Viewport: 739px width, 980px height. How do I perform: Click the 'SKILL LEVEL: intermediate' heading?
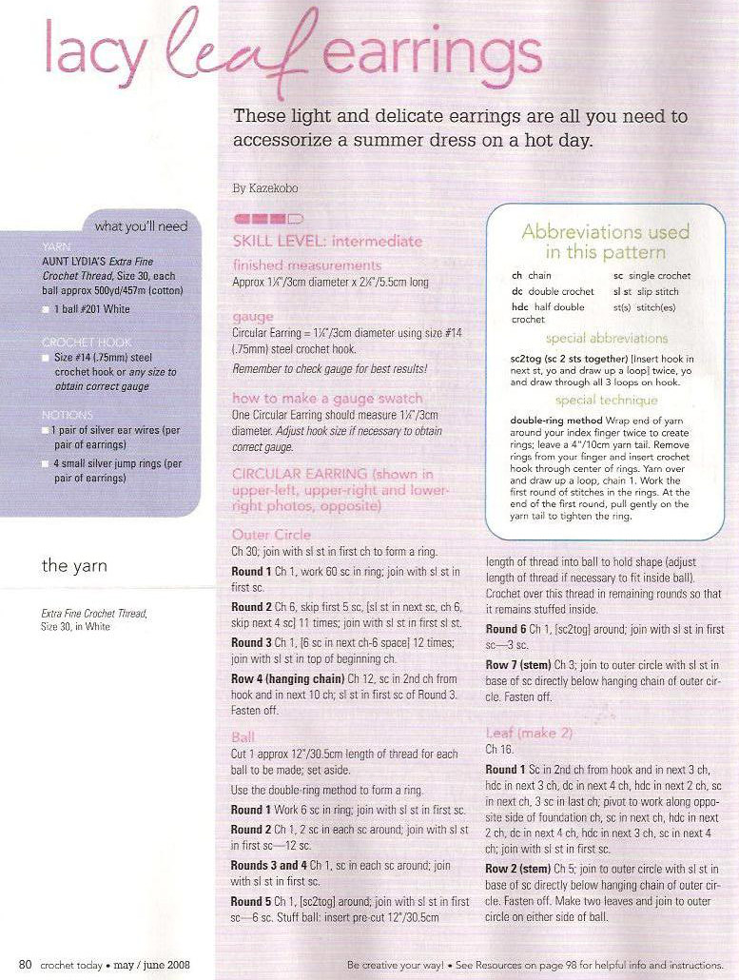click(x=326, y=241)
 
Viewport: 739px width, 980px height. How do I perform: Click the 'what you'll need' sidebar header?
click(x=142, y=225)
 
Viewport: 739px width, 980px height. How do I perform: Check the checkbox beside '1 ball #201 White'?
click(x=47, y=309)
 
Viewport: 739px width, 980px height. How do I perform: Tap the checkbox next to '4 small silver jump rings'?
click(x=47, y=463)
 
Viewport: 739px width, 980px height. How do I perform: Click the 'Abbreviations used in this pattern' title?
click(x=605, y=242)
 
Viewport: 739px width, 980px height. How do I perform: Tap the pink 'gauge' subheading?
click(x=252, y=315)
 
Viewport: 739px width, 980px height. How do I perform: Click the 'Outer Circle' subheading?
click(x=264, y=535)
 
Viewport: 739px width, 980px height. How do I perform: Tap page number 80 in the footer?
click(x=26, y=965)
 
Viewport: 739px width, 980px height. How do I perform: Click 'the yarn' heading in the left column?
click(x=74, y=565)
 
